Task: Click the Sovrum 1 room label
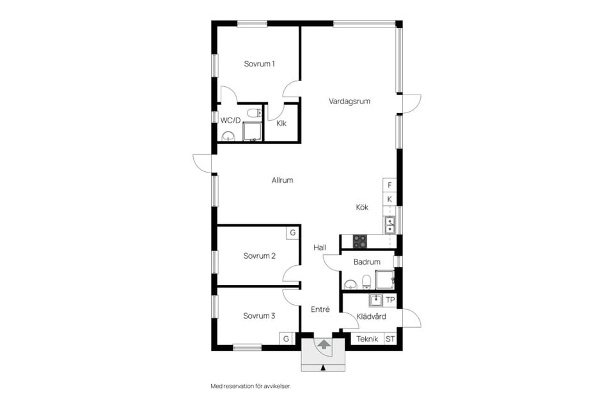coord(259,64)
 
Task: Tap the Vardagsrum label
coord(349,101)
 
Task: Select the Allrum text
coord(282,180)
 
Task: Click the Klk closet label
coord(281,123)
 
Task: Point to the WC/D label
coord(230,120)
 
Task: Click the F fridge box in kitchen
coord(390,185)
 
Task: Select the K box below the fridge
coord(390,199)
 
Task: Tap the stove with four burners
coord(360,242)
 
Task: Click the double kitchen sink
coord(390,225)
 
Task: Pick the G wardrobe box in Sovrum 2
coord(292,233)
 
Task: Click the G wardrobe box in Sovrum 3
coord(286,339)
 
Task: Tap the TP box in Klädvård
coord(390,300)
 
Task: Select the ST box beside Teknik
coord(390,339)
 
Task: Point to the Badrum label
coord(367,262)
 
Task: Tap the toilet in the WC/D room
coord(254,113)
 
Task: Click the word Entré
coord(320,309)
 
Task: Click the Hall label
coord(320,247)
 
